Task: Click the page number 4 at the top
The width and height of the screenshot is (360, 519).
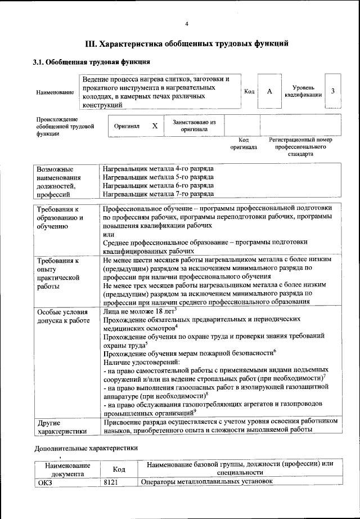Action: tap(186, 23)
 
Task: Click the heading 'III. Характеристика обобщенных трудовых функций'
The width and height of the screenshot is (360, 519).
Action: tap(186, 43)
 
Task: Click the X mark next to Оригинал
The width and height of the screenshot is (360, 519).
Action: tap(155, 126)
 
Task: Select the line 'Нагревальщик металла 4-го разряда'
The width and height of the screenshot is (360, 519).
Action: tap(158, 168)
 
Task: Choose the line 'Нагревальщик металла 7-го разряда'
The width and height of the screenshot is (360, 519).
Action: tap(158, 194)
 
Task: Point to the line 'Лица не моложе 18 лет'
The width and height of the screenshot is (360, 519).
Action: tap(139, 310)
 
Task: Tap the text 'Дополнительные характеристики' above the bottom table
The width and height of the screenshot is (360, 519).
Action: tap(85, 448)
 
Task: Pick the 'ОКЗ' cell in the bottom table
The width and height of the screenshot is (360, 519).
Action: tap(44, 482)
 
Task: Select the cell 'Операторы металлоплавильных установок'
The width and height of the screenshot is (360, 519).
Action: tap(206, 482)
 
